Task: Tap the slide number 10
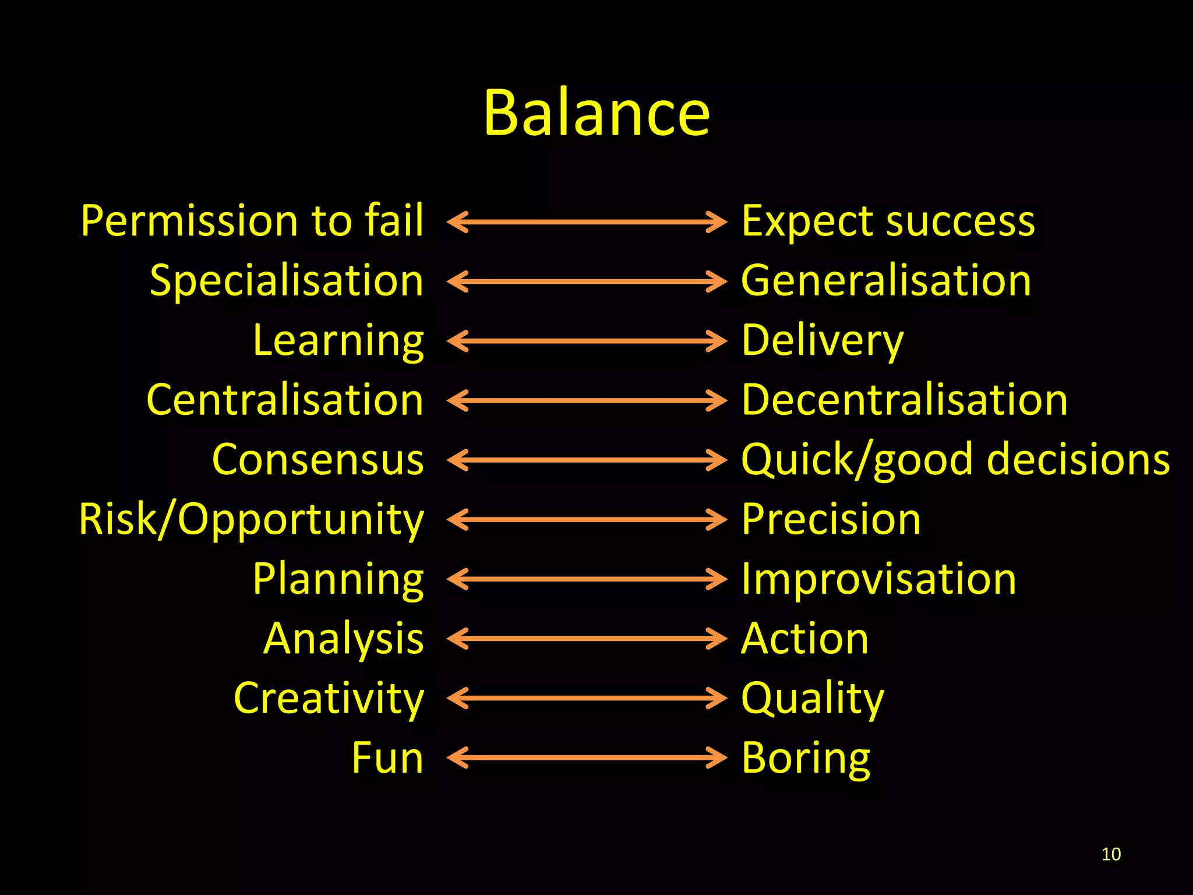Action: pos(1111,854)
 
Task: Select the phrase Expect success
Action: pos(888,221)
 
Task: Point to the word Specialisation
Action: pos(287,281)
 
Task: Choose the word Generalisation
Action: pos(885,281)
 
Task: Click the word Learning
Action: pos(338,341)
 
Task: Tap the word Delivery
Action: pos(822,341)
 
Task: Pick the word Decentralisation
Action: pos(905,400)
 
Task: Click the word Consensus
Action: pos(318,460)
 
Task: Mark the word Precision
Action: pos(831,519)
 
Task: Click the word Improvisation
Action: pos(878,579)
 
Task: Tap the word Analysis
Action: pos(344,639)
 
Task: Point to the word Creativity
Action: pos(329,699)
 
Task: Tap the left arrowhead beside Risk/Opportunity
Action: pos(457,519)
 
